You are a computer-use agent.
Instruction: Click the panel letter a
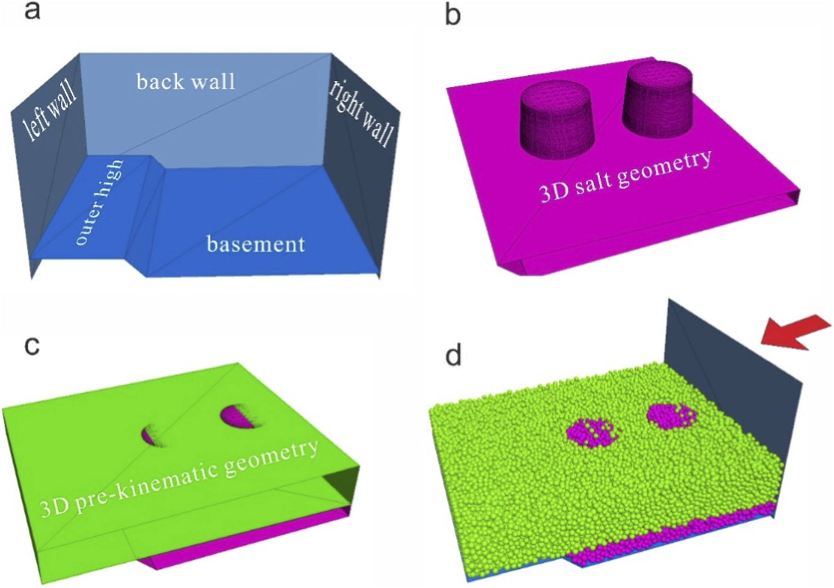32,10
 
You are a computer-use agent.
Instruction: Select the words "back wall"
185,82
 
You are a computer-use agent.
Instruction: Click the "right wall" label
361,113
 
